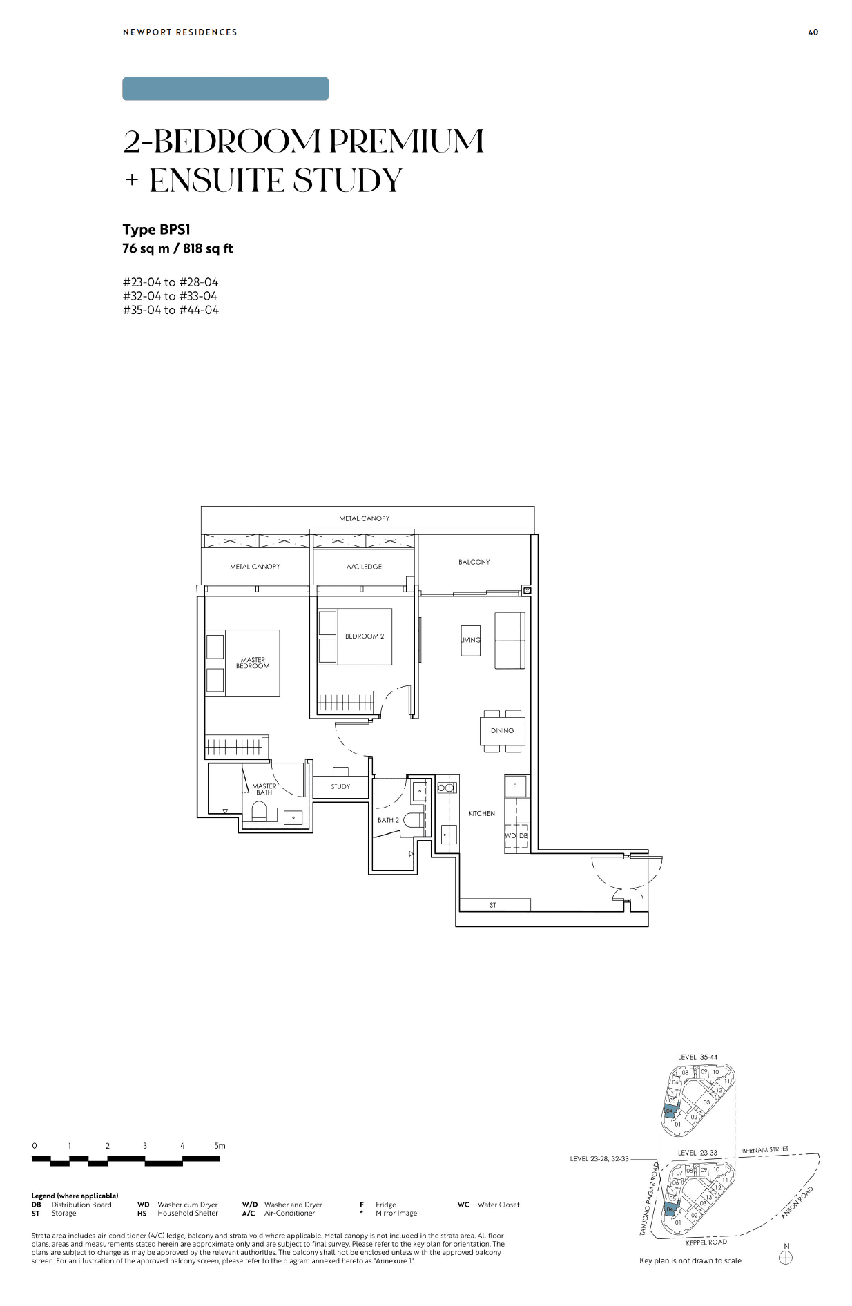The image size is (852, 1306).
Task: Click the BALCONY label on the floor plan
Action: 474,562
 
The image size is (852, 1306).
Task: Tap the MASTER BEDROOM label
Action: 253,663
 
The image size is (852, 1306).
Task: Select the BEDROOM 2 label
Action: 365,636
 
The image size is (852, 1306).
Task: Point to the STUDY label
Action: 340,787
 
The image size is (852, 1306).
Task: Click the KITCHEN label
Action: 482,814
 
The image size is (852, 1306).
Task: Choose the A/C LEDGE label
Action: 364,567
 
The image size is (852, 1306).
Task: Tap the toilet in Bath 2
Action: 413,820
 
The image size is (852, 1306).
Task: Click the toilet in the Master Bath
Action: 259,812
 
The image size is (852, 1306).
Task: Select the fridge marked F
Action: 515,787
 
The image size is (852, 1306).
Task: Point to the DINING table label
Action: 502,730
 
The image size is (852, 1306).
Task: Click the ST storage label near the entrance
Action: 493,905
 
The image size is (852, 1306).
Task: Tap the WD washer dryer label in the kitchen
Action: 510,836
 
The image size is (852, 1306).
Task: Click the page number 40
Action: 813,32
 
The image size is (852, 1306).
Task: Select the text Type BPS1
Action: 157,230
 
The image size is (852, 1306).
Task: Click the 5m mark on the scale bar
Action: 220,1146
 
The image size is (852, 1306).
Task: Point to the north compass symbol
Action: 786,1258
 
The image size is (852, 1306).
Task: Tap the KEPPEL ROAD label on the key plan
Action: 706,1242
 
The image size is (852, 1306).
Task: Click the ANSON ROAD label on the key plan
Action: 797,1202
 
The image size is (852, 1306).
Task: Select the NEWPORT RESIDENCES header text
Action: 180,32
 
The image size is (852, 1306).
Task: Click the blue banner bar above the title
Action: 225,89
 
